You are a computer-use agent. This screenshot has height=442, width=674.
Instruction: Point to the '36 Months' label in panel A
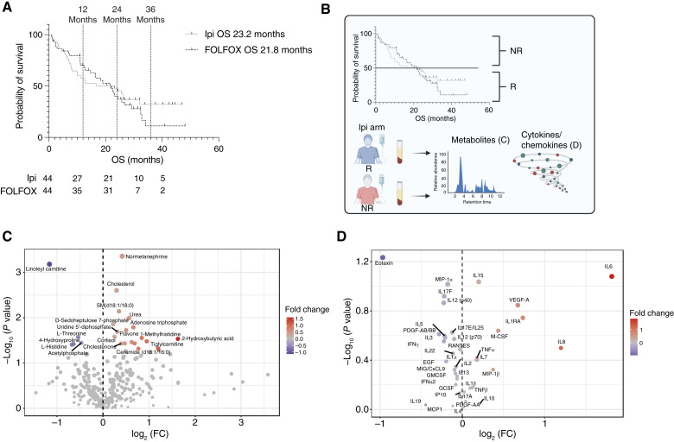(150, 16)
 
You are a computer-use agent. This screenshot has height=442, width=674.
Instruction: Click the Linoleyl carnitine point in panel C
(49, 263)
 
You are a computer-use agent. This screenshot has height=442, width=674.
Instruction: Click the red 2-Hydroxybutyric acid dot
(178, 338)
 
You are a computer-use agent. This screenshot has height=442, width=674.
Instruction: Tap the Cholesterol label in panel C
(121, 282)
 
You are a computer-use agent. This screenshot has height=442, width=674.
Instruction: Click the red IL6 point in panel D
(612, 276)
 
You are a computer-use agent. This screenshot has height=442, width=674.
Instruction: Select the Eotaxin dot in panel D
(382, 257)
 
